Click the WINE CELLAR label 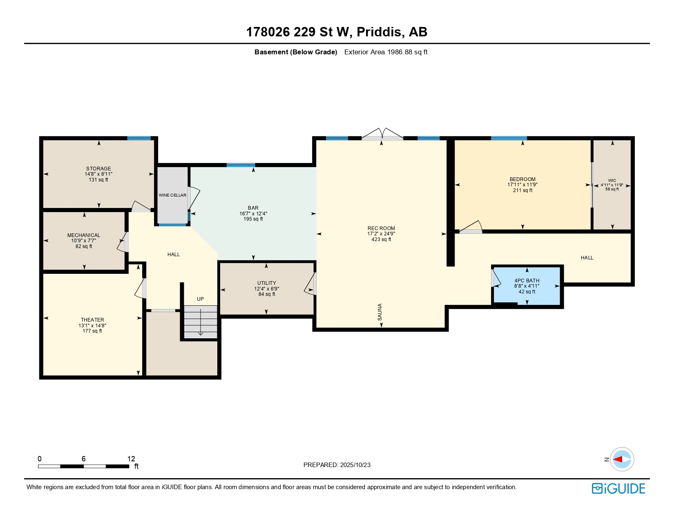pos(172,195)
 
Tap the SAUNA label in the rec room pos(379,312)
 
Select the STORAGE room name pos(98,168)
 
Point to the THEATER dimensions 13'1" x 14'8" pos(92,326)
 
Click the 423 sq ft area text pos(381,239)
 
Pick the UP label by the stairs pos(201,299)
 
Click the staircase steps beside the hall pos(201,322)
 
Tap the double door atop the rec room pos(382,134)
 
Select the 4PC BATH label pos(527,280)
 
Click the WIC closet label pos(612,180)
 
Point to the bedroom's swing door pos(471,227)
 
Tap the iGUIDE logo pos(618,488)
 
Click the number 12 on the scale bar pos(131,458)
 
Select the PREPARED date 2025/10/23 pos(355,465)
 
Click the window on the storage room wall pos(139,139)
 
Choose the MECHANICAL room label pos(84,235)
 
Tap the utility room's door pos(310,284)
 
